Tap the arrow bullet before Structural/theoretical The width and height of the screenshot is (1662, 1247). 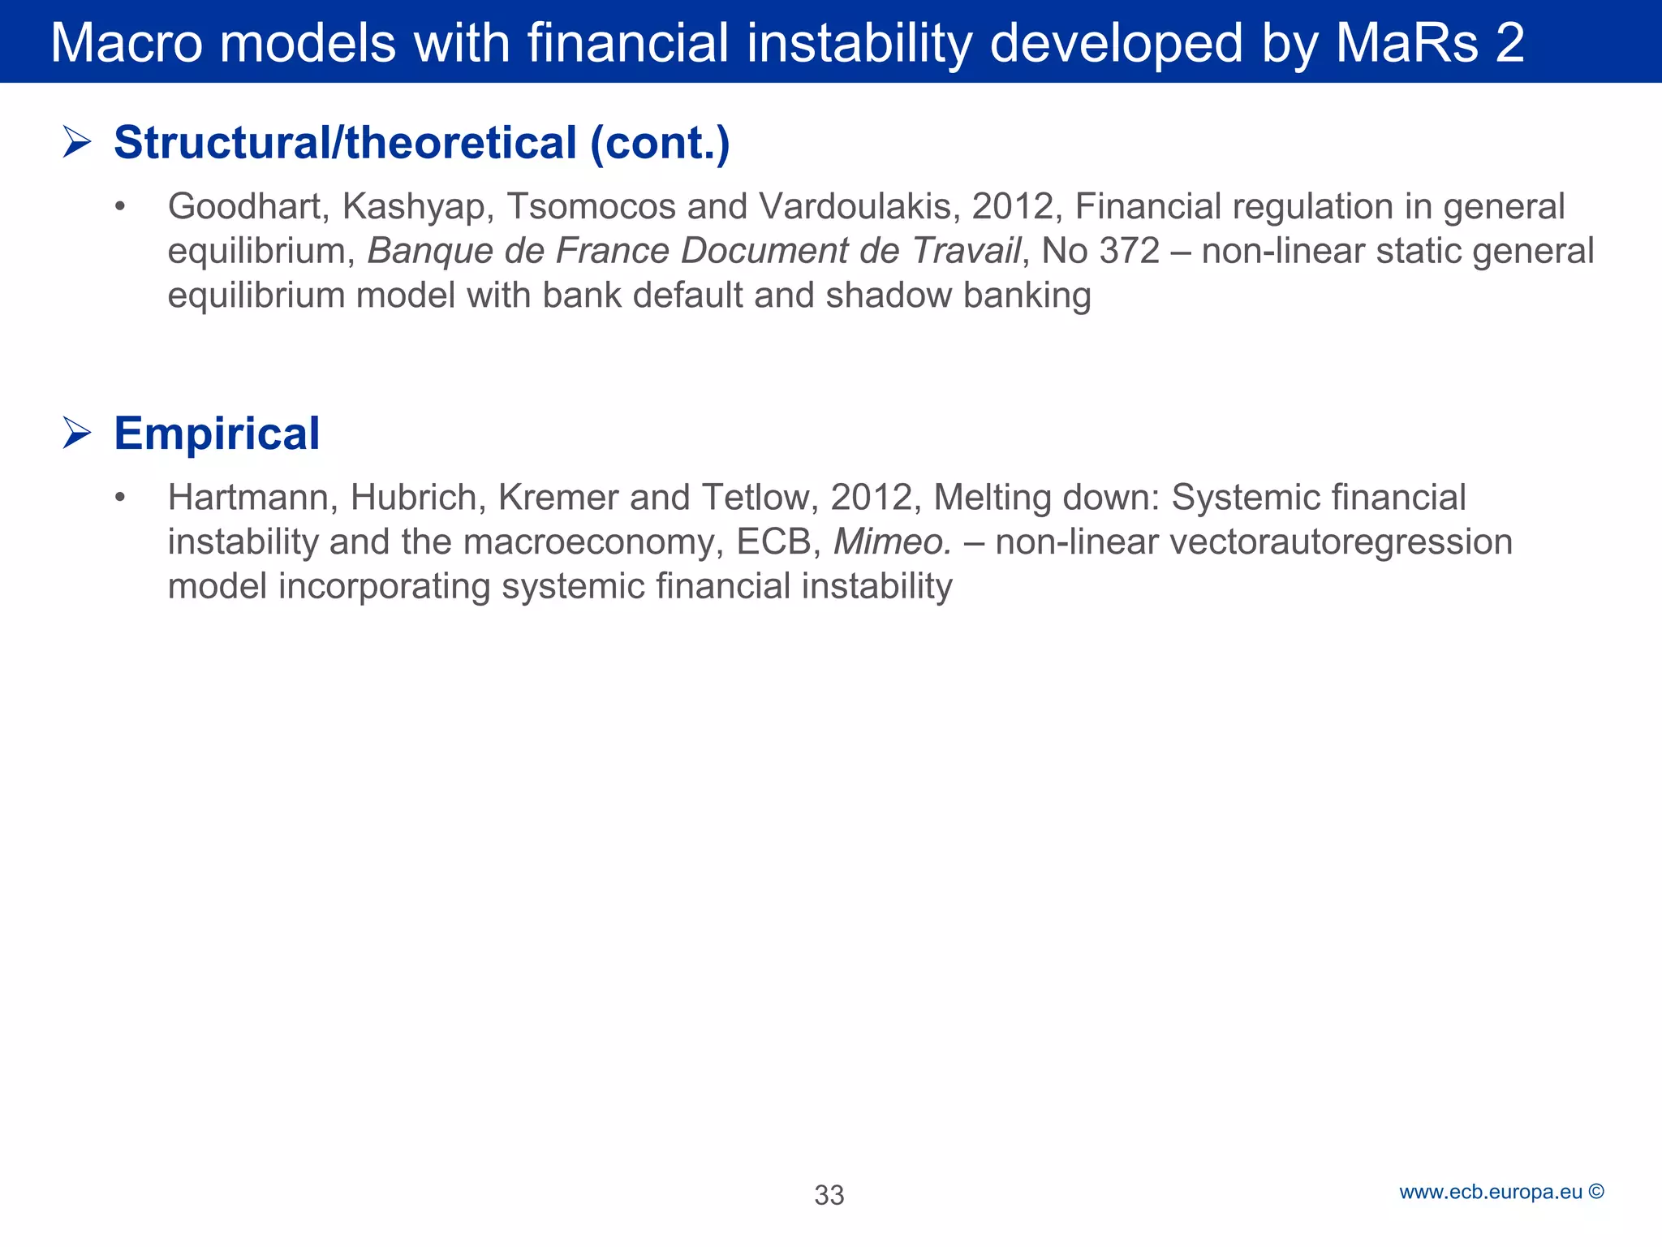click(77, 143)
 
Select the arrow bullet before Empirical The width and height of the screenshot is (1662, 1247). click(77, 433)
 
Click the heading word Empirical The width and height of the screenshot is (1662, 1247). click(217, 433)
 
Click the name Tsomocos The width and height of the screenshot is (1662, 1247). click(591, 206)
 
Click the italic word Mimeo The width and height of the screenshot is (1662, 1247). click(892, 542)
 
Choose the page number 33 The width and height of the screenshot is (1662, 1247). click(829, 1195)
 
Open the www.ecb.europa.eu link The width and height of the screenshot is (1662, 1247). click(1491, 1192)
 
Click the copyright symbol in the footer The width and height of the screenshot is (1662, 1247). click(1596, 1192)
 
